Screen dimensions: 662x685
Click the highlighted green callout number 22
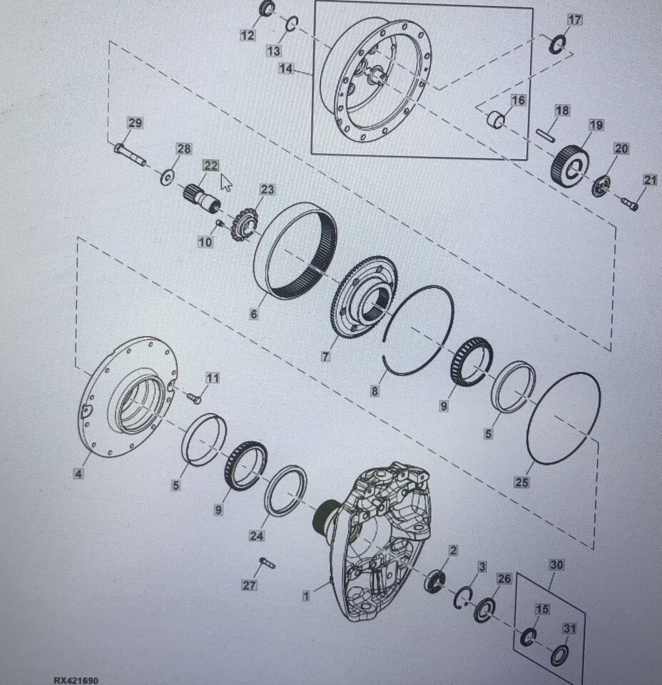click(x=210, y=166)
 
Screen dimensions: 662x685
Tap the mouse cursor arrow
click(x=225, y=183)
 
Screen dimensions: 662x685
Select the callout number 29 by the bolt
click(x=135, y=123)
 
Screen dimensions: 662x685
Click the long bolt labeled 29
click(x=130, y=155)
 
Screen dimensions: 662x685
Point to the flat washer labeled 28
click(x=167, y=178)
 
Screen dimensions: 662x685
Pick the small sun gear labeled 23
click(x=245, y=224)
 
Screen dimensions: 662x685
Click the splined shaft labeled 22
click(x=201, y=199)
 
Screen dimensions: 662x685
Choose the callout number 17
click(x=575, y=20)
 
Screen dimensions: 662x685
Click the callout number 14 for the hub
click(x=285, y=69)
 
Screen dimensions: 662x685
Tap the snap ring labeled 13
click(x=291, y=24)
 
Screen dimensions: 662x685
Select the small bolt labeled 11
click(x=194, y=397)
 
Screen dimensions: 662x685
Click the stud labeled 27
click(x=267, y=563)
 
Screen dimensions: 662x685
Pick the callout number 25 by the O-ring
click(x=521, y=482)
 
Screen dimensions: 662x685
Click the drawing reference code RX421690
click(x=76, y=680)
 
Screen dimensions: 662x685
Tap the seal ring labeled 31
click(x=559, y=655)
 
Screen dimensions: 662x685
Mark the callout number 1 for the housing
click(x=305, y=596)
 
